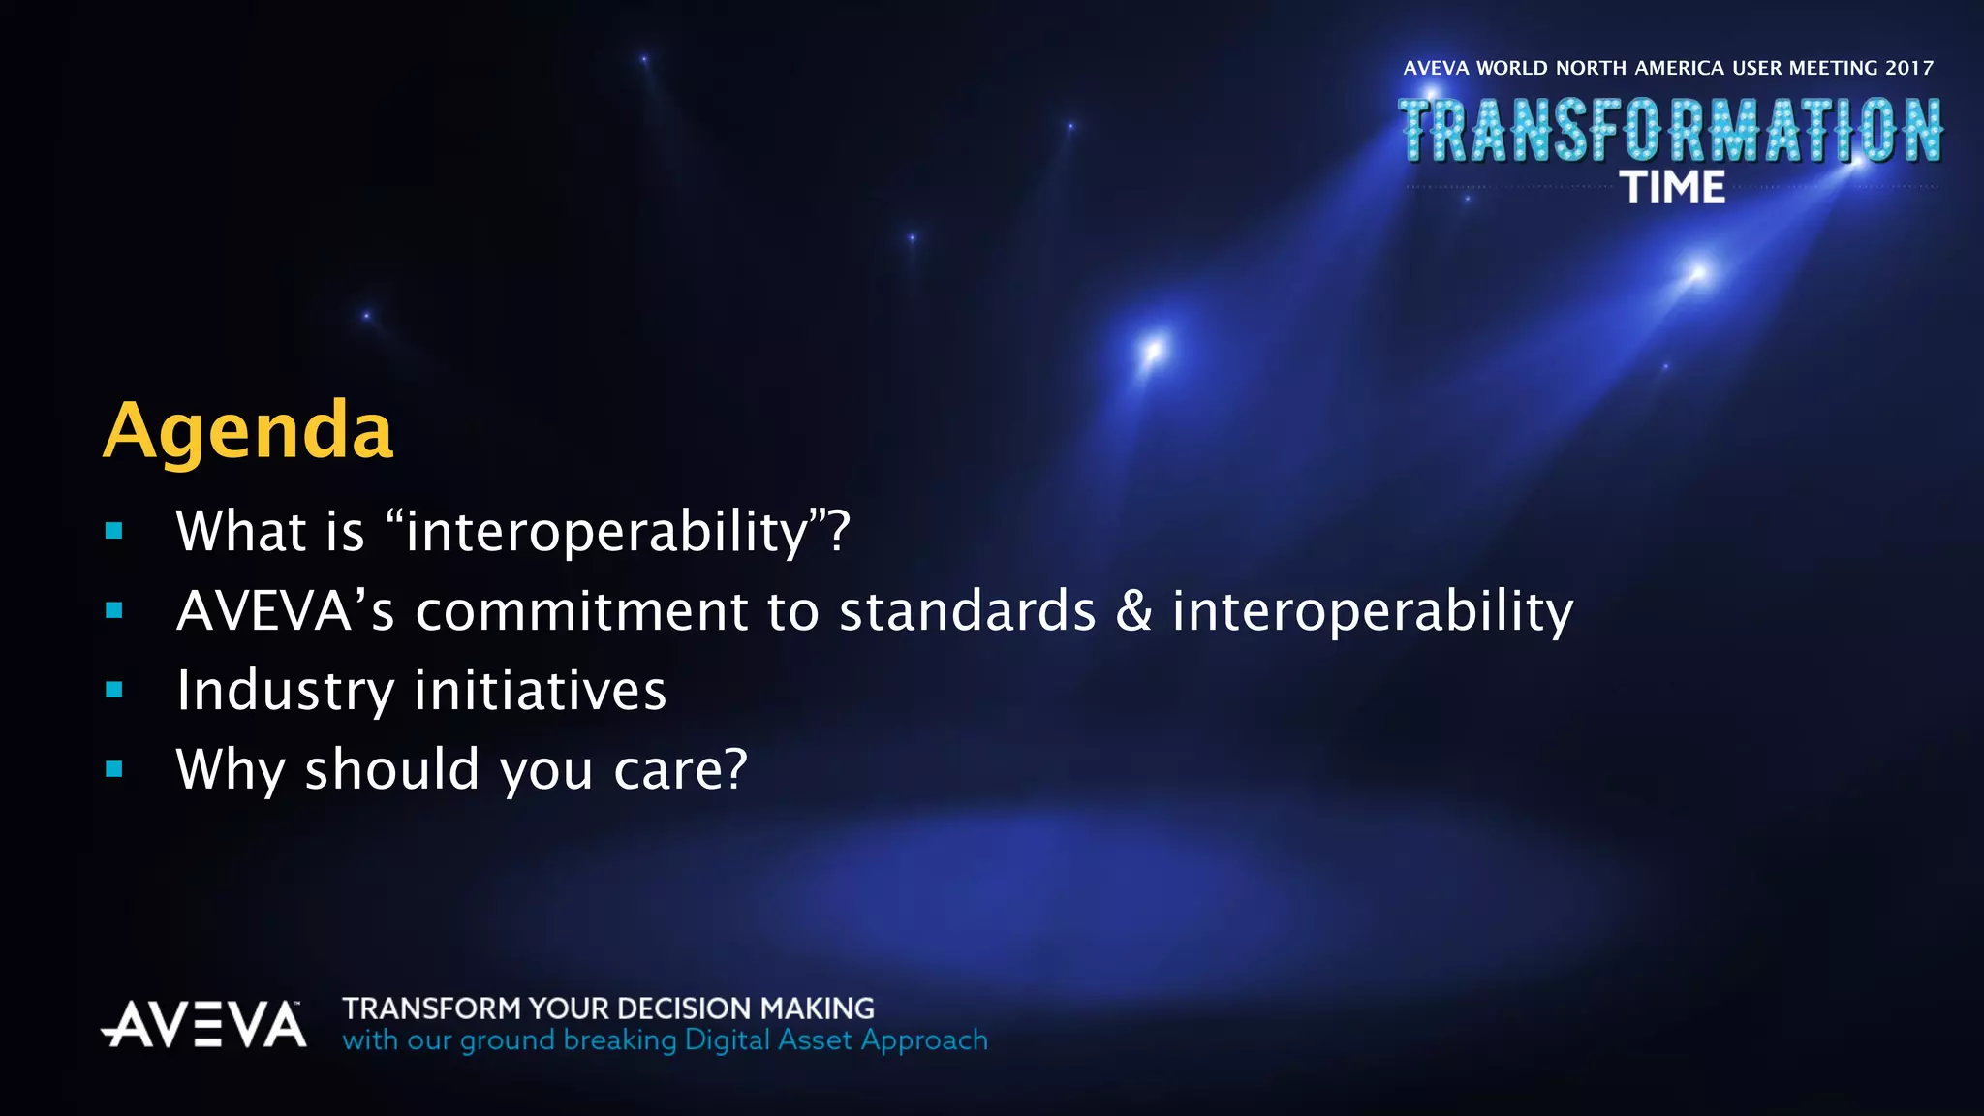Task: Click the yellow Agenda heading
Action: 248,430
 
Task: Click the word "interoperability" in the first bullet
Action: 606,532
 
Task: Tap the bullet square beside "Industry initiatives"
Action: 114,690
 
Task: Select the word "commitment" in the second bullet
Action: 581,611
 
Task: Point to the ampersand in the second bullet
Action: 1133,611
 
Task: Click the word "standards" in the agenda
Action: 967,611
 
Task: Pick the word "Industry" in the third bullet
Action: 285,691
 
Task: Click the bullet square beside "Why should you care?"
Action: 114,769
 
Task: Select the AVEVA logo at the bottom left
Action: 203,1024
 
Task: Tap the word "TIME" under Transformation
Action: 1672,188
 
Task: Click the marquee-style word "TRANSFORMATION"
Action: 1670,130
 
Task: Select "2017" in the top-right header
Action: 1908,68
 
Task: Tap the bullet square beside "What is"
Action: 114,531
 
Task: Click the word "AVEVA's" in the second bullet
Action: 286,611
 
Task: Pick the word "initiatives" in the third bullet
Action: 541,691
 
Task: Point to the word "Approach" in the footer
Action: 924,1040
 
